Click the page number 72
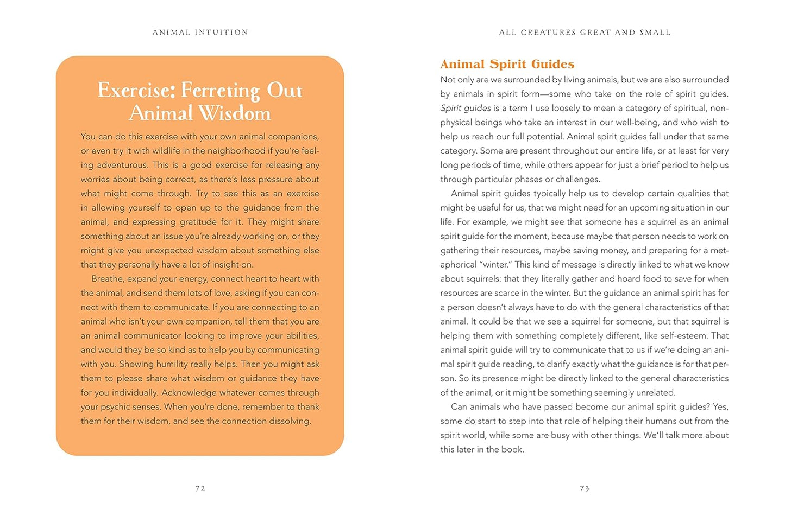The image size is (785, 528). click(200, 488)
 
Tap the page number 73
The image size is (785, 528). click(585, 488)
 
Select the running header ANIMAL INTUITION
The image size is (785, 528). click(200, 33)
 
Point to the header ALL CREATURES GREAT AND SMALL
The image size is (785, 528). click(585, 33)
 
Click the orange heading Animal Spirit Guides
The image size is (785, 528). click(507, 64)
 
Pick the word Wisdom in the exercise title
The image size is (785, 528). click(235, 113)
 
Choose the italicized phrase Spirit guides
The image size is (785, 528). click(466, 108)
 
